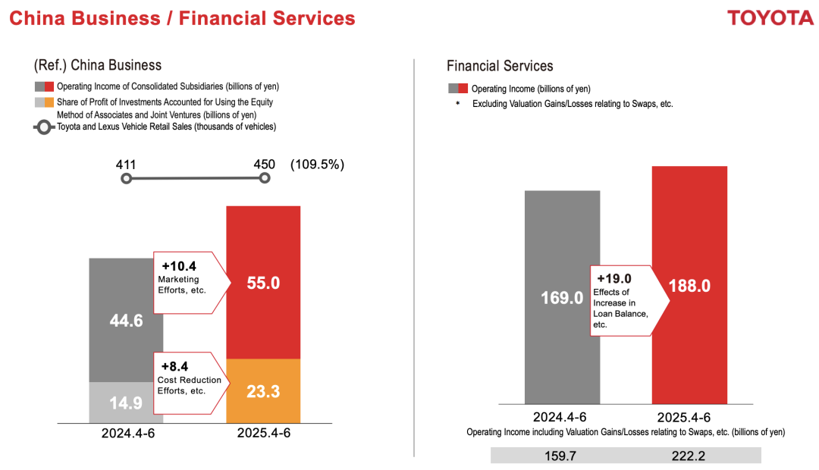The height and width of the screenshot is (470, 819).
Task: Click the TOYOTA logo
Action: coord(770,18)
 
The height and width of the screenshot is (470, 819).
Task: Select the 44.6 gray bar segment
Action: coord(126,320)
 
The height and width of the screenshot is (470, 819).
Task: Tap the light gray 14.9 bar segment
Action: coord(126,403)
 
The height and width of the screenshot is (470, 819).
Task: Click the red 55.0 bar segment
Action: coord(263,282)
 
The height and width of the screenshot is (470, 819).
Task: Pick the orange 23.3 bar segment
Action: coord(263,390)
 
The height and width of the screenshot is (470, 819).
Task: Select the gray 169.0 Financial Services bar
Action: coord(561,297)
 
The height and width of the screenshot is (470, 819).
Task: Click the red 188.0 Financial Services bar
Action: coord(689,285)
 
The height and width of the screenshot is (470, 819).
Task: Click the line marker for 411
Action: coord(127,179)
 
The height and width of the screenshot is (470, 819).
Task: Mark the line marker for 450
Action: coord(264,178)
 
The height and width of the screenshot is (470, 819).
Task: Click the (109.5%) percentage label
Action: coord(317,164)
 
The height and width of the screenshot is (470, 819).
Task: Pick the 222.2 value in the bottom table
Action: coord(689,455)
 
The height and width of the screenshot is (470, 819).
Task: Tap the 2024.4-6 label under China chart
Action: coord(126,434)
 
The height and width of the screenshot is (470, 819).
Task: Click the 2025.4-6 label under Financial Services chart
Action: coord(689,417)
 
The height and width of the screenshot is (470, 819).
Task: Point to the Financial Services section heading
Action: coord(500,66)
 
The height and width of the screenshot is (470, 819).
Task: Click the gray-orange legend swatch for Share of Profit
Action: coord(44,102)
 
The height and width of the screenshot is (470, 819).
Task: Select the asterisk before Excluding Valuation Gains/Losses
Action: coord(457,104)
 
